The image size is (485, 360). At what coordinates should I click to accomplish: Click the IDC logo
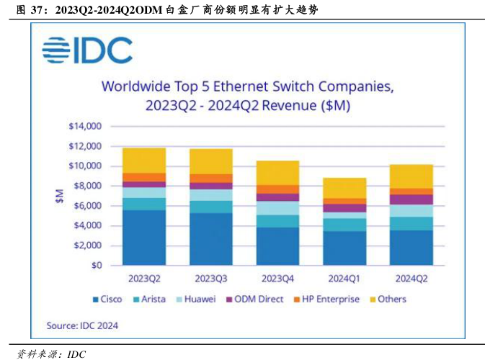pos(86,50)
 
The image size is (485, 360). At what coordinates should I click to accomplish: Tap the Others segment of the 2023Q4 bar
pos(279,173)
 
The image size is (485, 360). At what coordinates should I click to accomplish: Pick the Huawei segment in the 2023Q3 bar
pos(211,195)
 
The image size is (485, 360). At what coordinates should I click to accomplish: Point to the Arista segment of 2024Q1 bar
pos(345,225)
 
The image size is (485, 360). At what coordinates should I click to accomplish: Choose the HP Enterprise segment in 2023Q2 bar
pos(144,177)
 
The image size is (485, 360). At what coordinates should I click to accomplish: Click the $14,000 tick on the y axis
pos(85,127)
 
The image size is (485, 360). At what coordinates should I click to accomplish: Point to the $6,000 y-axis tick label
pos(87,206)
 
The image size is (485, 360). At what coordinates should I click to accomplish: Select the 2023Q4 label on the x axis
pos(279,278)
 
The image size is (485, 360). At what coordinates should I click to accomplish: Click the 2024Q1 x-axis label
pos(345,278)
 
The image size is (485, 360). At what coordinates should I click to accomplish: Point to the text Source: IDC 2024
pos(83,325)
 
